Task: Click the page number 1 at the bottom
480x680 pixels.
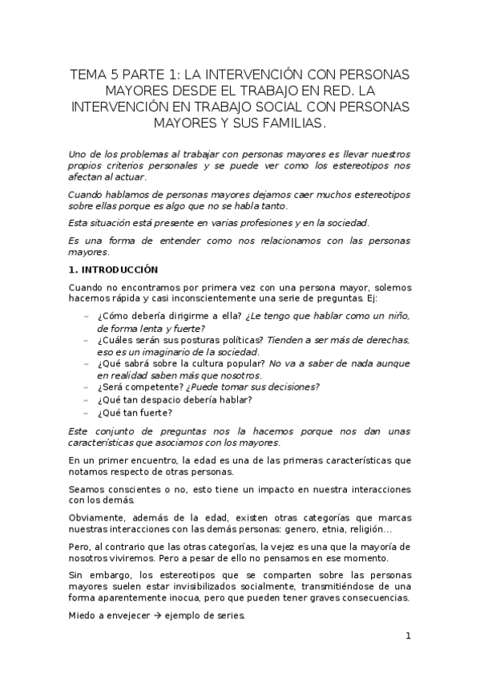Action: [408, 637]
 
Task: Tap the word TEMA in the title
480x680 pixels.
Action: [87, 75]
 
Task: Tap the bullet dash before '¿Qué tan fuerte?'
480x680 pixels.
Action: [86, 413]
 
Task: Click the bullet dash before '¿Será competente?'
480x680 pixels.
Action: [86, 387]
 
